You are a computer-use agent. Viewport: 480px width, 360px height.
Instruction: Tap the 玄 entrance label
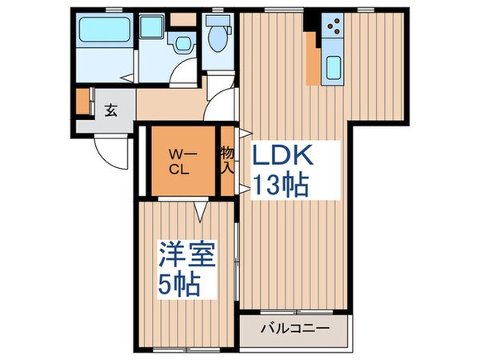(x=110, y=110)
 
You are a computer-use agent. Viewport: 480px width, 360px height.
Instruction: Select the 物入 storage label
(x=227, y=160)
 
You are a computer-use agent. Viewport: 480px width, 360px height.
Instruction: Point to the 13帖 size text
(x=281, y=186)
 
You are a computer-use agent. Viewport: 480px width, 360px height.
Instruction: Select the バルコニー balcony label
(x=295, y=329)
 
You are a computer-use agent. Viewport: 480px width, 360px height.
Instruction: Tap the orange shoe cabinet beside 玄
(x=82, y=102)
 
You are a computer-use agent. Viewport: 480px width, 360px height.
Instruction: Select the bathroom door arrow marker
(x=128, y=78)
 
